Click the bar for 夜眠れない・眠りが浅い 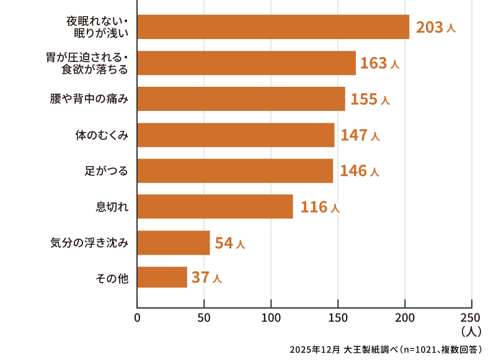(x=273, y=27)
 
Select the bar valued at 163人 (x=246, y=63)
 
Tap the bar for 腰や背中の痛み (x=241, y=99)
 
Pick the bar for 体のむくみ (x=236, y=134)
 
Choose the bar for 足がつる (x=235, y=170)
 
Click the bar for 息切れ (x=215, y=206)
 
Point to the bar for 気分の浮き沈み (x=173, y=242)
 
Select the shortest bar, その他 (x=162, y=277)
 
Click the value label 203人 (x=436, y=27)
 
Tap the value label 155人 (x=370, y=99)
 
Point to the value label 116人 (x=320, y=207)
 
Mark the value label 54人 (x=230, y=243)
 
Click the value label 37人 (x=206, y=278)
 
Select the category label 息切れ (x=112, y=207)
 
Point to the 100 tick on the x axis (x=271, y=319)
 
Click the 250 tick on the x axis (x=472, y=319)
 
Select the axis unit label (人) (x=472, y=331)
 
